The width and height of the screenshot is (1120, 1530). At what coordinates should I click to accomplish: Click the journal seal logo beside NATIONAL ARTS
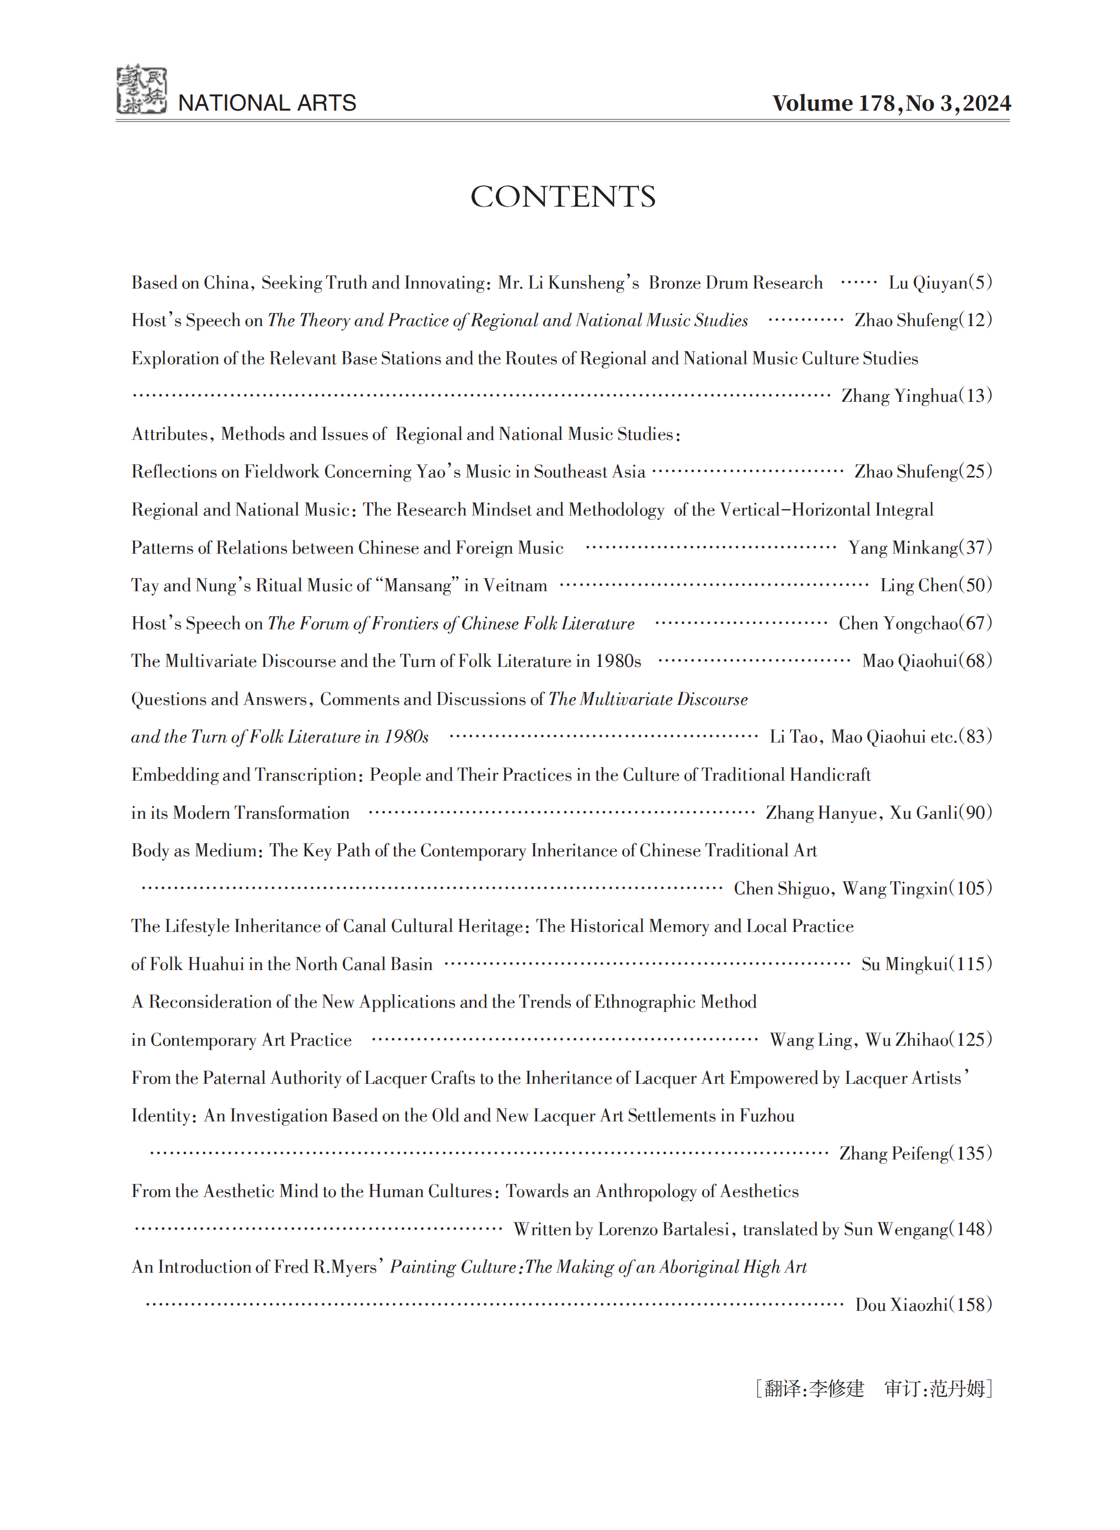point(141,90)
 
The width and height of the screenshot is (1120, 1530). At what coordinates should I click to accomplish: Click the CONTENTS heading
point(563,197)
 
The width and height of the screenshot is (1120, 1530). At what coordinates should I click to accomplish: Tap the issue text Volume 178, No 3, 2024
point(891,103)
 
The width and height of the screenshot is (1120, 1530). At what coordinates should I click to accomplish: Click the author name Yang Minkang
point(903,548)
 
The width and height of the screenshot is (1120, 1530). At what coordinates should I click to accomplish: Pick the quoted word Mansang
point(418,585)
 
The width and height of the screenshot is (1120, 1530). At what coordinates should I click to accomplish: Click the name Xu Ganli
point(923,813)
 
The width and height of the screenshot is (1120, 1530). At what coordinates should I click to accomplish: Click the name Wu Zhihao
point(907,1040)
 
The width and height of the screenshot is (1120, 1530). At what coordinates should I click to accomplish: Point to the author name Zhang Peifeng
point(893,1154)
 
